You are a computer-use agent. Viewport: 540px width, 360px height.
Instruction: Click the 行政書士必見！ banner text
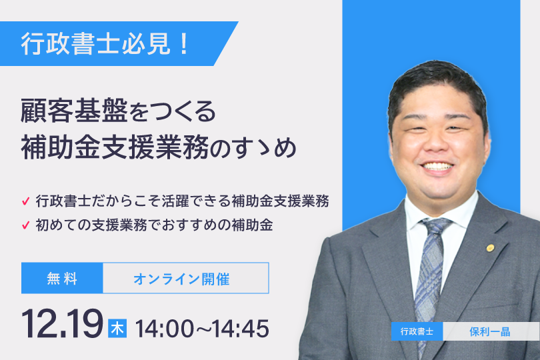tap(105, 44)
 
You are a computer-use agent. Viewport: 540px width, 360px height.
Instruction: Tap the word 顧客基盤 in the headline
tap(75, 111)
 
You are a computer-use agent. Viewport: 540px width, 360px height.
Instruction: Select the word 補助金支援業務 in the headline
tap(115, 147)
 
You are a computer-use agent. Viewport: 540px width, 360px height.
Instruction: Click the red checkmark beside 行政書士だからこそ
tap(26, 201)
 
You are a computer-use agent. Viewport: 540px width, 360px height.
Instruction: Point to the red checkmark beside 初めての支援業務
tap(26, 225)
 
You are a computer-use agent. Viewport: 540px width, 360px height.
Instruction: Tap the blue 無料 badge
tap(62, 278)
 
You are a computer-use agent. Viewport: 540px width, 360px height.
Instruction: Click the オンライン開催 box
tap(185, 278)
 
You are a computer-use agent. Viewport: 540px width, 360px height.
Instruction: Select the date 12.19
tap(63, 323)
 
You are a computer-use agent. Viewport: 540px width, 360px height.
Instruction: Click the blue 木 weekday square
tap(117, 328)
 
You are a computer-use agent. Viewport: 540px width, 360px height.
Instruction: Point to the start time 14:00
tap(165, 329)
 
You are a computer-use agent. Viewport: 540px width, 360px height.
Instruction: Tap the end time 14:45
tap(241, 329)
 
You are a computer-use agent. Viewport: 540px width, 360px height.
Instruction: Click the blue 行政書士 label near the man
tap(417, 331)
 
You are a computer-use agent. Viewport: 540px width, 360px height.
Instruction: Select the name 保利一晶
tap(490, 332)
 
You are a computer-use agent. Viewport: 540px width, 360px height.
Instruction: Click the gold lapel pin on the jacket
tap(490, 247)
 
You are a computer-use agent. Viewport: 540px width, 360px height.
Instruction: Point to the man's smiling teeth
tap(438, 167)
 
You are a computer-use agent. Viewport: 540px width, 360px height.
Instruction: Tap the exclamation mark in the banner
tap(184, 44)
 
